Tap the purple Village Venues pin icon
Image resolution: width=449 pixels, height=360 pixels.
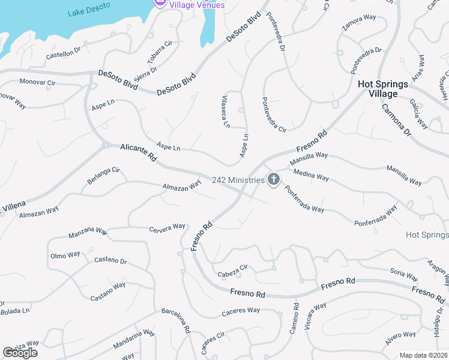pyautogui.click(x=160, y=3)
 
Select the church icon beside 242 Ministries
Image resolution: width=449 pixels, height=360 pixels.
pyautogui.click(x=274, y=179)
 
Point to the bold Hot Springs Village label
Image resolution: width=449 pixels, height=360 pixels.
pyautogui.click(x=382, y=89)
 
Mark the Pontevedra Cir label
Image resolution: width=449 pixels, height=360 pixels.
pyautogui.click(x=273, y=114)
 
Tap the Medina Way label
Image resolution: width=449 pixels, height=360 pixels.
pyautogui.click(x=311, y=175)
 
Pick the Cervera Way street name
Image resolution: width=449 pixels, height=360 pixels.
pyautogui.click(x=167, y=227)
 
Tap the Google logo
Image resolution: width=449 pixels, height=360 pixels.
pyautogui.click(x=20, y=352)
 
